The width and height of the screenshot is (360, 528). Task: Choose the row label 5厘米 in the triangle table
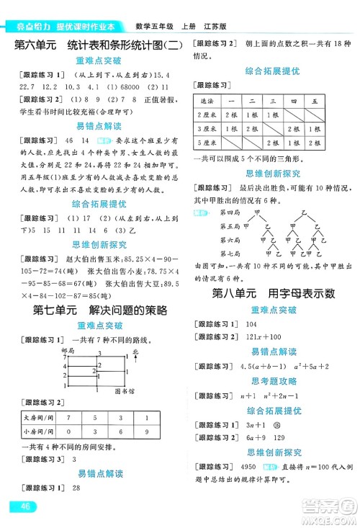(x=207, y=146)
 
